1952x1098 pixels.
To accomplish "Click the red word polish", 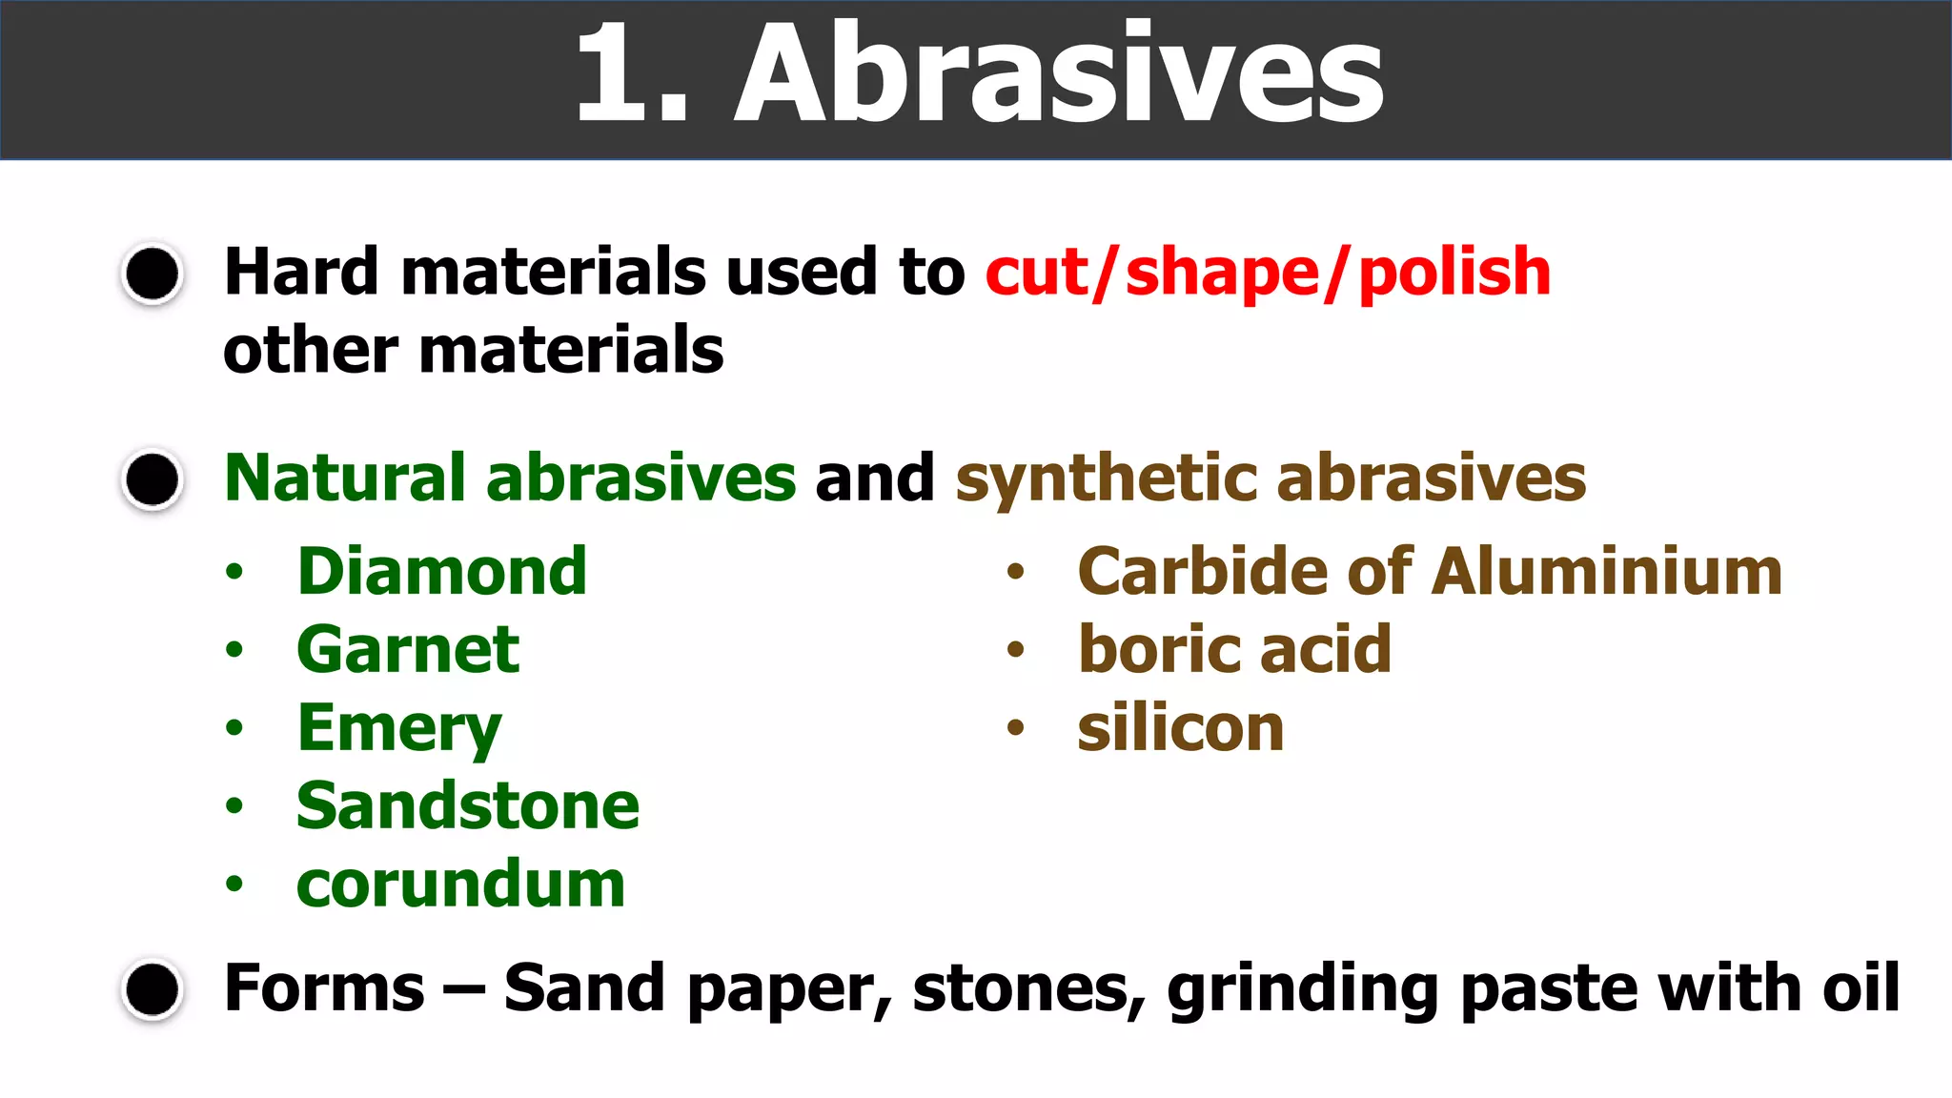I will tap(1454, 274).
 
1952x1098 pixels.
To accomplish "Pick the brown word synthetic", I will tap(1106, 478).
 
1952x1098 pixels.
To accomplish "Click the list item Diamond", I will tap(441, 572).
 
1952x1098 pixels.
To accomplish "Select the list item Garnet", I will tap(408, 650).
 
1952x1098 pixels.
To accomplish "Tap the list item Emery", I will tap(399, 729).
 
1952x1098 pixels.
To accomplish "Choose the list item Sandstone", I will tap(468, 806).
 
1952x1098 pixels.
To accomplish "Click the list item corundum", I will tap(460, 884).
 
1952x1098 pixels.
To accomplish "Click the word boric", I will tap(1159, 650).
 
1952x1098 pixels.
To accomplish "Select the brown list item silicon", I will tap(1181, 729).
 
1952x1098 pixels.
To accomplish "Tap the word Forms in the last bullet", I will tap(324, 987).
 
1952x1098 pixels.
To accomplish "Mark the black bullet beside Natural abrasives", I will tap(152, 478).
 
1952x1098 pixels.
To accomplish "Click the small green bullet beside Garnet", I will tap(234, 651).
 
